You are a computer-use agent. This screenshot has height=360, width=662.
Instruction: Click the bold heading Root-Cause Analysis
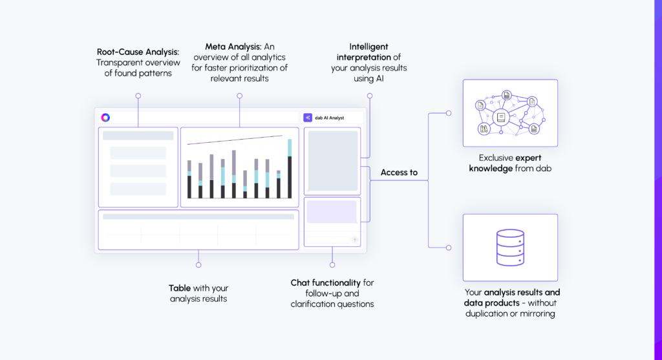coord(138,52)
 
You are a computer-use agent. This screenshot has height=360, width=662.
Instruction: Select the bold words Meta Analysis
coord(233,47)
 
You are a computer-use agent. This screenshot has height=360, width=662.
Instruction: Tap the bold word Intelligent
coord(368,47)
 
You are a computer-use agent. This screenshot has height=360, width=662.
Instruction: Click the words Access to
coord(399,172)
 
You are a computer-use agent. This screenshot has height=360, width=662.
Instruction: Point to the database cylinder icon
coord(510,248)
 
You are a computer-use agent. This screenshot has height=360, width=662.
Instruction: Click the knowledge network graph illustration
coord(510,113)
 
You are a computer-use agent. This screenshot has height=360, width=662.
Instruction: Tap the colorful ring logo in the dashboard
coord(105,118)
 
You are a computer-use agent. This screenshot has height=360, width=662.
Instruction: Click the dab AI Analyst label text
coord(329,118)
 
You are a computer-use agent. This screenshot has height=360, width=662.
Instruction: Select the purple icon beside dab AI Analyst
coord(307,118)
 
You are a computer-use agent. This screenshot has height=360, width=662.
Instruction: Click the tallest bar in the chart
coord(290,169)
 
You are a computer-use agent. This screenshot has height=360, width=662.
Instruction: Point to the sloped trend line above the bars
coord(235,140)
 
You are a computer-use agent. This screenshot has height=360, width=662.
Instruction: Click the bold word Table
coord(180,288)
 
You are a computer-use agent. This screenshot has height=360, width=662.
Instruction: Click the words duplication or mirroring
coord(510,313)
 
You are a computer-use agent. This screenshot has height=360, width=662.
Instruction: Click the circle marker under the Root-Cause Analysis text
coord(138,96)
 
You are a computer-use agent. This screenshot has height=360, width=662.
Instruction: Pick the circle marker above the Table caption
coord(198,265)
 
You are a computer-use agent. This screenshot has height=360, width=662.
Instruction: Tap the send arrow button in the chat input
coord(355,240)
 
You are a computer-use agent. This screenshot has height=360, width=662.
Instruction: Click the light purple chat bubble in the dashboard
coord(332,211)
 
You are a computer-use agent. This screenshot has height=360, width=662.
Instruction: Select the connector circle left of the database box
coord(449,248)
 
